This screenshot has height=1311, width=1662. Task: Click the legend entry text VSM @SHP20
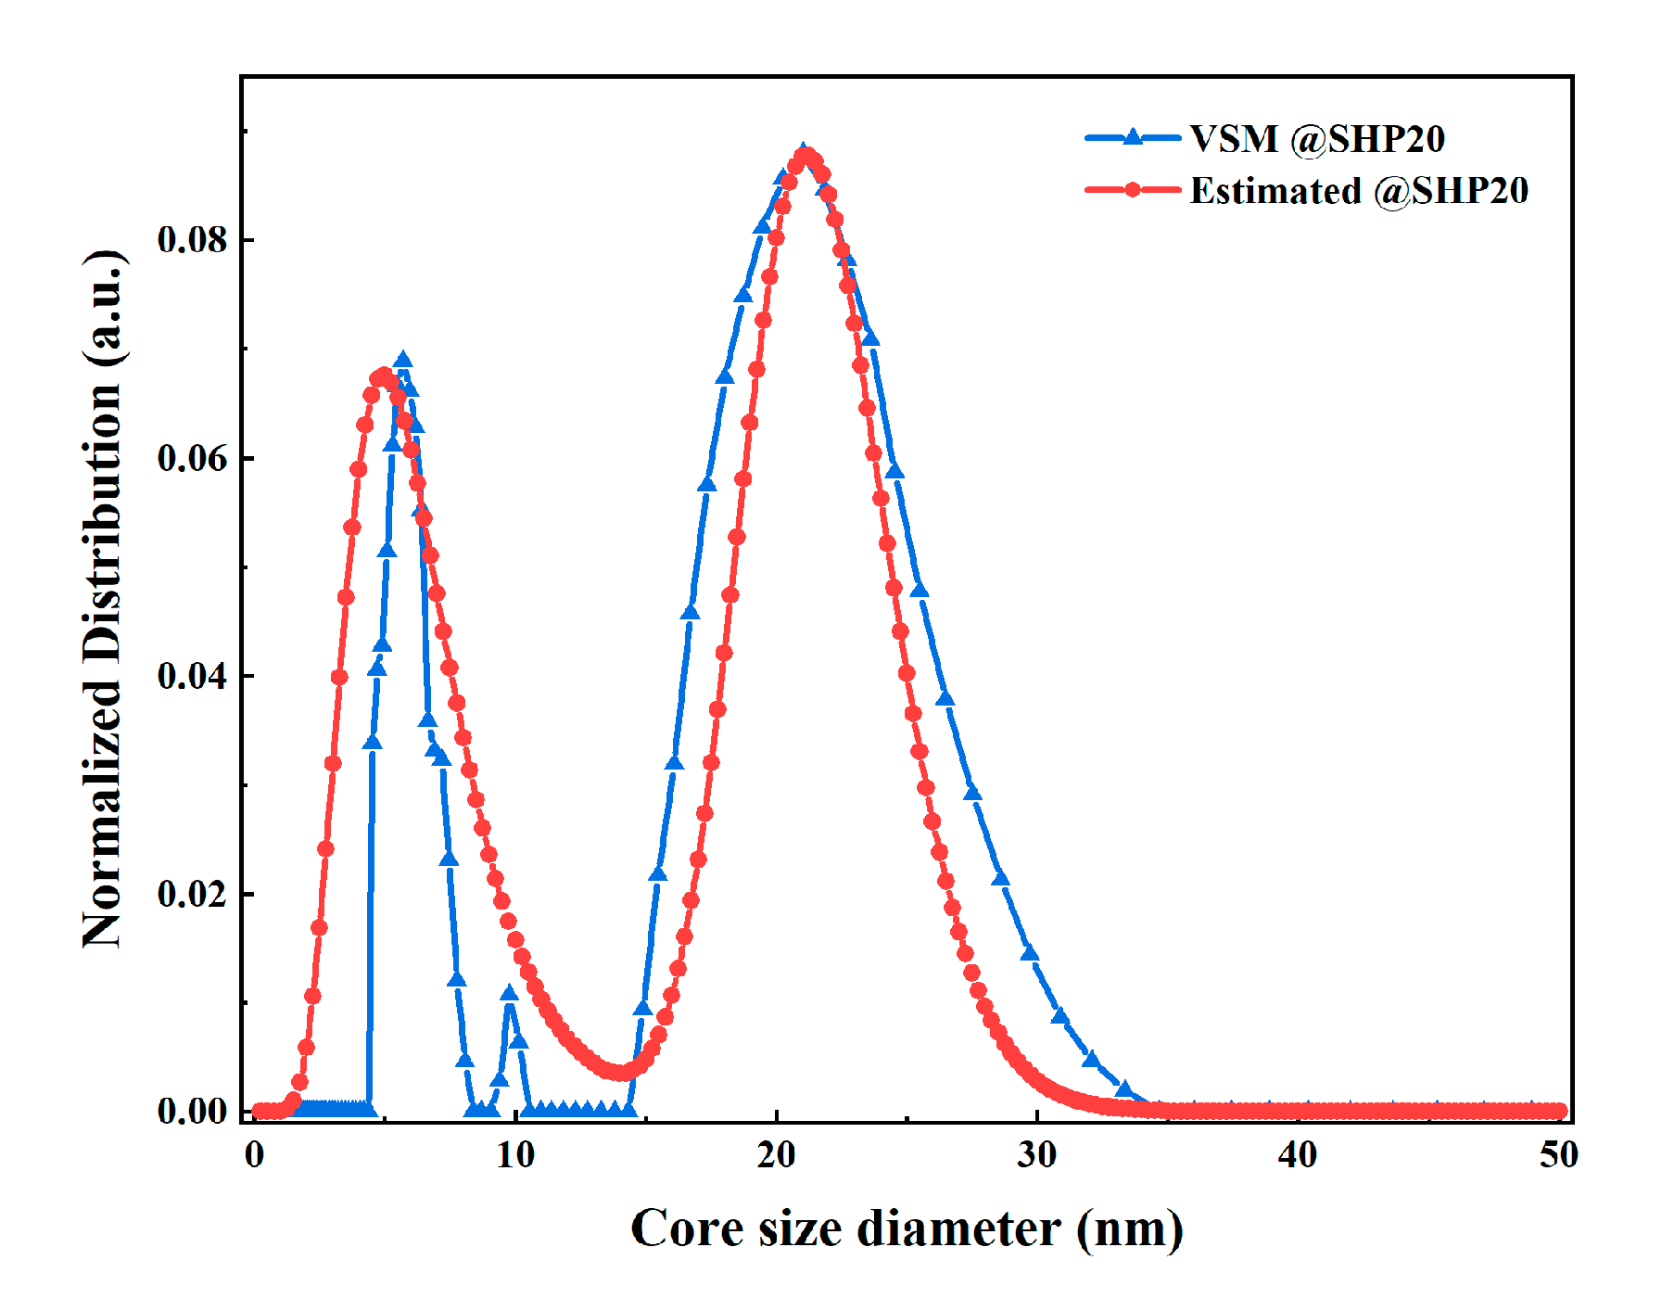(1317, 139)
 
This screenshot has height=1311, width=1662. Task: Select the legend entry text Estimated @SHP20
(1359, 191)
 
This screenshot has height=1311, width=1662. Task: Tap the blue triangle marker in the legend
(1132, 137)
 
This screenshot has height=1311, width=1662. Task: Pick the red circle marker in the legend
(1132, 190)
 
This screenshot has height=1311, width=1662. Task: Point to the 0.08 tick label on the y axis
(192, 239)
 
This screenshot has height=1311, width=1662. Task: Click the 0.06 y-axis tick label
(192, 458)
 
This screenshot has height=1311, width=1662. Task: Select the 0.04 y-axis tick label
(192, 676)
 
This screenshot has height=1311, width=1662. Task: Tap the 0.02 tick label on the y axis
(192, 894)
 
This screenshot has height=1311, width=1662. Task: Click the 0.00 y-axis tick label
(192, 1111)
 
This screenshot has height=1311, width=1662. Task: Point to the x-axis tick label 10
(515, 1155)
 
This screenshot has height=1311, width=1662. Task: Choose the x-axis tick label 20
(776, 1155)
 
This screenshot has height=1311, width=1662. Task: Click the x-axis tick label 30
(1036, 1155)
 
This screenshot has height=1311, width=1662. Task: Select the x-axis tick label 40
(1298, 1155)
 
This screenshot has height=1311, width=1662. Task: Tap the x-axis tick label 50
(1558, 1155)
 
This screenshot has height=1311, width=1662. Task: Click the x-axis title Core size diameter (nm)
(907, 1229)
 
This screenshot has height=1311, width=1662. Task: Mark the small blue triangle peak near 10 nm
(509, 994)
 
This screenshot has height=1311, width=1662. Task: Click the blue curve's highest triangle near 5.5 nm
(402, 361)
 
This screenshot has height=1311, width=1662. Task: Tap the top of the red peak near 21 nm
(807, 156)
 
